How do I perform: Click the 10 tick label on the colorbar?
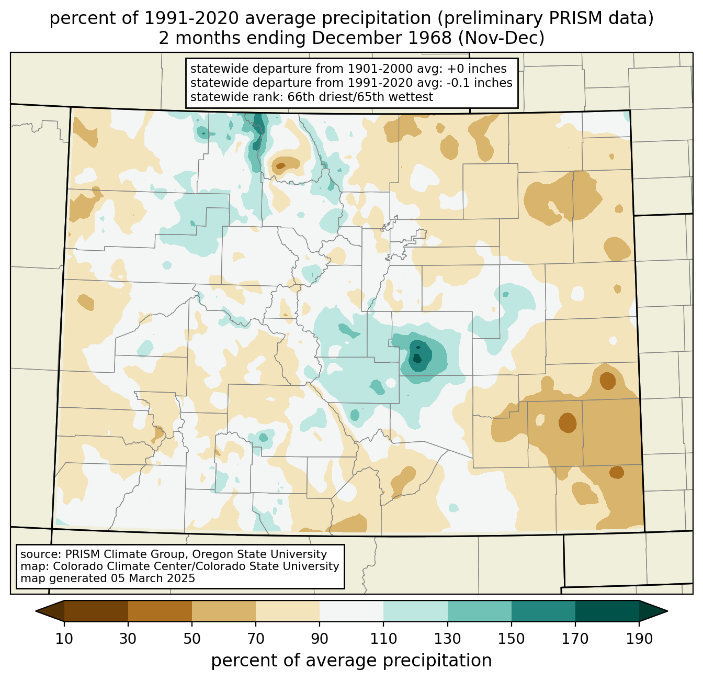64,639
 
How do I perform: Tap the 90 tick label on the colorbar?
320,639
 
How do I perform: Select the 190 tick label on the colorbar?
639,639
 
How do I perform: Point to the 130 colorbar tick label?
447,639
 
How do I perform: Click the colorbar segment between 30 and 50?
160,611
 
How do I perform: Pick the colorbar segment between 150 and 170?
543,611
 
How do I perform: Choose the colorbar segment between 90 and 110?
351,611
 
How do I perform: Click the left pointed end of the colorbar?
36,611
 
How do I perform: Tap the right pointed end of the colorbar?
667,611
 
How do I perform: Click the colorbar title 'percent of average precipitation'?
351,660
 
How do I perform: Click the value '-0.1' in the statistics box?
458,83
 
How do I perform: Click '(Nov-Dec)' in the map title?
501,38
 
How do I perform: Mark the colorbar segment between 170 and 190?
607,611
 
